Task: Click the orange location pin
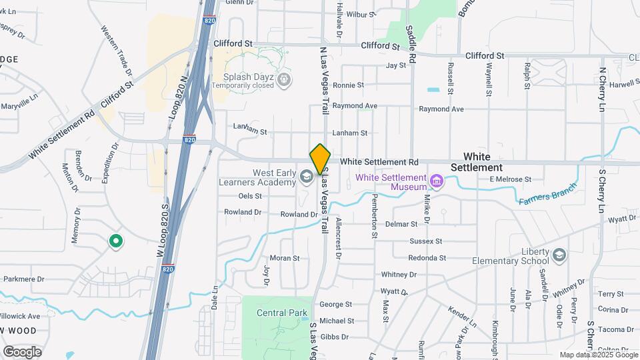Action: [320, 160]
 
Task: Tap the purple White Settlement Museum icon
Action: [436, 181]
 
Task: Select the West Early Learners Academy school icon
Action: [306, 177]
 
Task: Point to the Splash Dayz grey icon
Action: [285, 81]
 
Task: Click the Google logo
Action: [22, 351]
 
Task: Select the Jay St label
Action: [396, 65]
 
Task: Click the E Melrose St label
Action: [510, 179]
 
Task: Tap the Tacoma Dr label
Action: [615, 329]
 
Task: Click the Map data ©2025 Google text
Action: [597, 355]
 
